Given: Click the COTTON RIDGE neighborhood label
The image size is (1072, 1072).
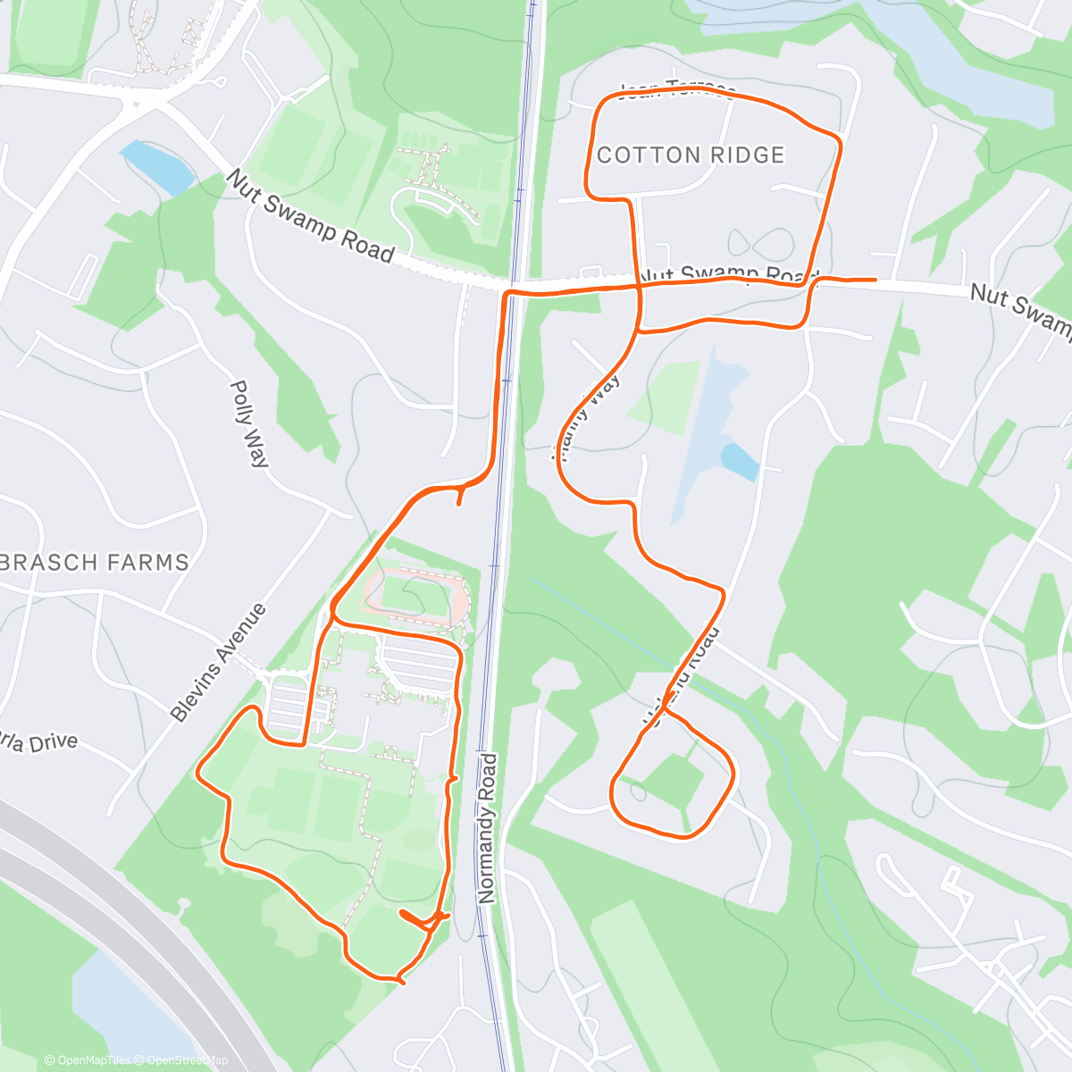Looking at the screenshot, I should [x=691, y=155].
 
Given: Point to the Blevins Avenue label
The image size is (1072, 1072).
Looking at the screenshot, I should [x=219, y=662].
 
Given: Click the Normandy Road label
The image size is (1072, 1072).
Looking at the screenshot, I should [x=488, y=827].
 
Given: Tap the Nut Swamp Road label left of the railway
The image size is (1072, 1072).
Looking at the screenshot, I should [x=310, y=217].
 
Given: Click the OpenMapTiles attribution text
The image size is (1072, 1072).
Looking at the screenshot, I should [x=87, y=1060].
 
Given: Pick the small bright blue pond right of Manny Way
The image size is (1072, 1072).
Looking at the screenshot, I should [x=740, y=461].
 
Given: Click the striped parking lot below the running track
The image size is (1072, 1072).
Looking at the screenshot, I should [x=419, y=665].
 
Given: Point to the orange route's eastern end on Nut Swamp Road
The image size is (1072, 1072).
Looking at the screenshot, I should [x=875, y=280].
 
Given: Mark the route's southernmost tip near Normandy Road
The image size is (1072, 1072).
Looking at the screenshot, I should [x=401, y=982].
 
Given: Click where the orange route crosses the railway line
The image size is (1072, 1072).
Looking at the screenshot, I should [x=513, y=291].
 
